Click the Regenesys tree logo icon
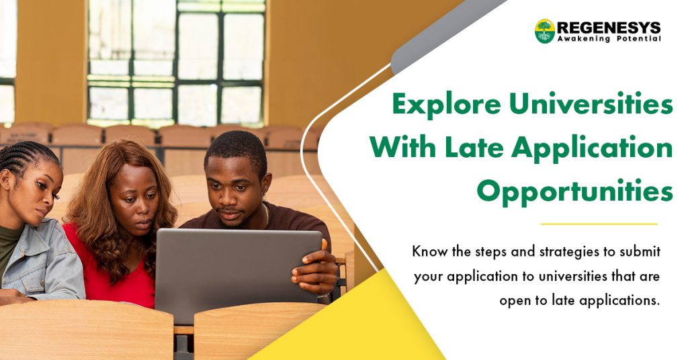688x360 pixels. [544, 31]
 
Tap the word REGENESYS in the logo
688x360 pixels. [609, 28]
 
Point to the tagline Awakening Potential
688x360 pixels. [609, 40]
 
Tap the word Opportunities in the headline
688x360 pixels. [575, 192]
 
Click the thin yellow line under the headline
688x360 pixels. [599, 224]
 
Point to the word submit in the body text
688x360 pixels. [640, 252]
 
